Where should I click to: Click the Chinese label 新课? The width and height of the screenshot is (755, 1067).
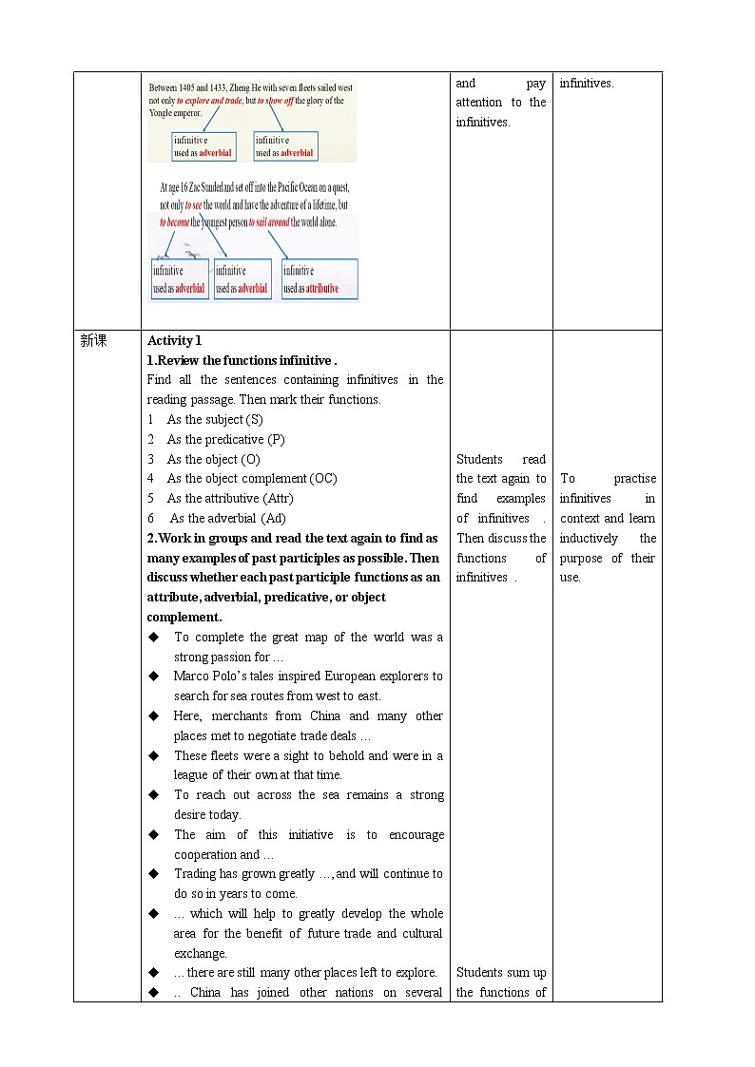(93, 341)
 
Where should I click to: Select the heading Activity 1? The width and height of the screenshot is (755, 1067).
(174, 341)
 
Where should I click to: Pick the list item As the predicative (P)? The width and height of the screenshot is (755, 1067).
(225, 440)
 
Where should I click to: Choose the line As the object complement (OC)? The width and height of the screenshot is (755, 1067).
(251, 479)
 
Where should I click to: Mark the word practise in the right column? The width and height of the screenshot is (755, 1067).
(634, 479)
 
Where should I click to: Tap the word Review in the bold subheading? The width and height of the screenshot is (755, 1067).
(177, 361)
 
